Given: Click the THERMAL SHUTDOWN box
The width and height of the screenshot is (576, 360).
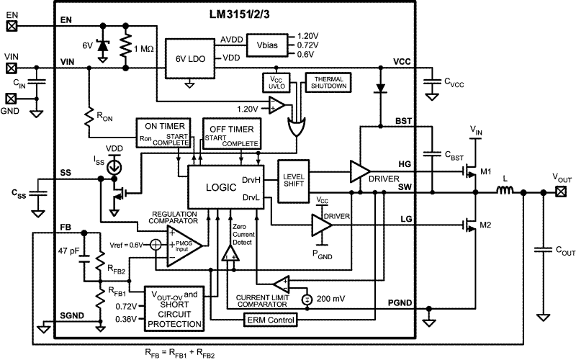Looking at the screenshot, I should click(x=328, y=81).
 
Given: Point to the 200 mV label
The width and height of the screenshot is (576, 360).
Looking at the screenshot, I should click(x=330, y=297).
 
